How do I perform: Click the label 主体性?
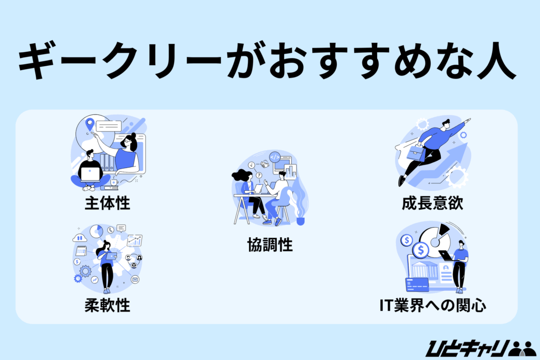click(x=107, y=203)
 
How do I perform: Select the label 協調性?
click(x=270, y=245)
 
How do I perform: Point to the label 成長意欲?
click(x=431, y=203)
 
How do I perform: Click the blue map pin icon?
click(x=90, y=125)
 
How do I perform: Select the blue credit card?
click(x=416, y=284)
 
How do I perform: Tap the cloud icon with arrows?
click(x=80, y=238)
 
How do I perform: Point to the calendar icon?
click(x=81, y=250)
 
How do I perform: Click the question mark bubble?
click(x=259, y=175)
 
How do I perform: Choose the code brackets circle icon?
click(x=274, y=157)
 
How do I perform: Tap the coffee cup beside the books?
click(x=114, y=182)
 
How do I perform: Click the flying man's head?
click(x=446, y=124)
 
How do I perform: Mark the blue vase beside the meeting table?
click(x=301, y=221)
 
